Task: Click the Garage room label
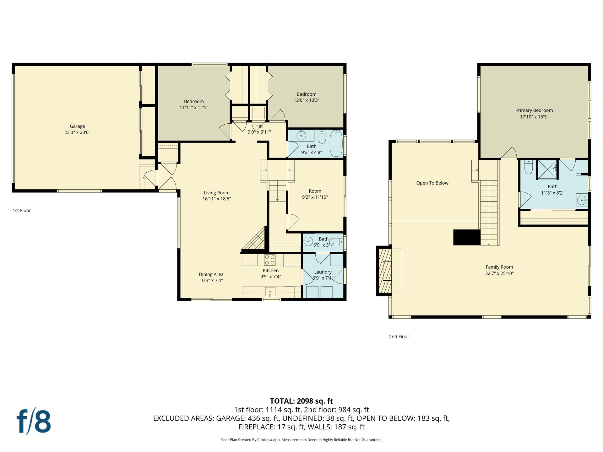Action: pos(77,126)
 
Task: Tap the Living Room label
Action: pos(217,193)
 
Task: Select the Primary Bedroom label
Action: pos(534,110)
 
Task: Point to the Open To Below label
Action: pos(432,183)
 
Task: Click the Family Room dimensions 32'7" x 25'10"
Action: pos(499,273)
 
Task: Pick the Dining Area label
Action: pos(211,274)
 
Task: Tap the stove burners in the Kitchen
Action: pos(270,260)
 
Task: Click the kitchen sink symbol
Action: pos(270,292)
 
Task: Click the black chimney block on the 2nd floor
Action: pos(467,237)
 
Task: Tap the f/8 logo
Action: pos(34,421)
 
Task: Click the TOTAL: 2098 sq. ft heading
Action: pos(301,401)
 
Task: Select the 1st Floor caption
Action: pos(22,211)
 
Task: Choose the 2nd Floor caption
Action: pos(399,336)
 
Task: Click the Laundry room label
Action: pos(323,272)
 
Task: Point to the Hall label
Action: pos(259,126)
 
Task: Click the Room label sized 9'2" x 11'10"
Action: pos(315,191)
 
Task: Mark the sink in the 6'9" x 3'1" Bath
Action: pos(308,243)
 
